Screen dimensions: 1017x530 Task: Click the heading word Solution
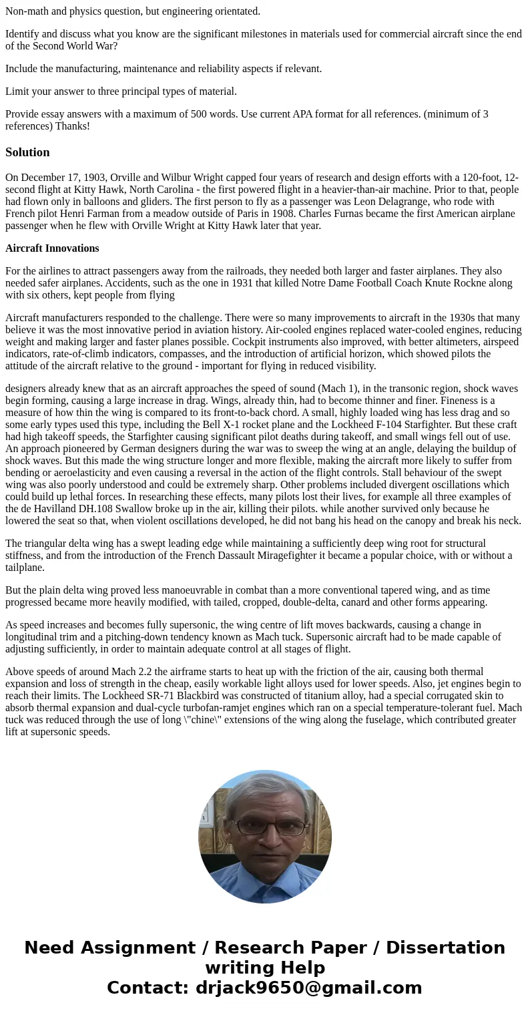[27, 152]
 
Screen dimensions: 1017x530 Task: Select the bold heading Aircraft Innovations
[52, 248]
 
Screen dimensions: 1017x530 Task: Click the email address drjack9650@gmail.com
[308, 988]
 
